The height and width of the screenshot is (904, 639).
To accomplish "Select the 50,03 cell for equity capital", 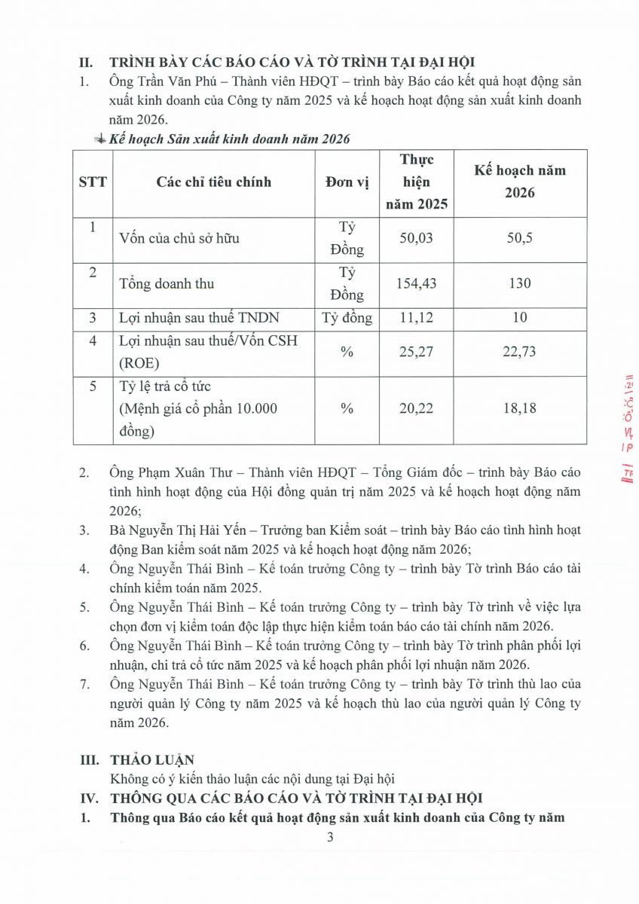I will pyautogui.click(x=417, y=238).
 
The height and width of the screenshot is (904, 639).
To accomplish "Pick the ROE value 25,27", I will pyautogui.click(x=417, y=351).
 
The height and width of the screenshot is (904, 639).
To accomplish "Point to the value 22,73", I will pyautogui.click(x=519, y=351).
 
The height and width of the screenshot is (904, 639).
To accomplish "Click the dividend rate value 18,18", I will pyautogui.click(x=519, y=408).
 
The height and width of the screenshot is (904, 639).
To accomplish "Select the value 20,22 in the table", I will pyautogui.click(x=417, y=408).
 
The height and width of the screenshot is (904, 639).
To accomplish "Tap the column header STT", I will pyautogui.click(x=93, y=182).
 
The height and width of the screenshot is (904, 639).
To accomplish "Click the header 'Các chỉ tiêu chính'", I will pyautogui.click(x=214, y=182).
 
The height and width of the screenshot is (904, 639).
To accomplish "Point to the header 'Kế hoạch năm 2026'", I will pyautogui.click(x=519, y=181).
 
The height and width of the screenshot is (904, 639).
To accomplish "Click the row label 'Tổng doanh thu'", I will pyautogui.click(x=167, y=283).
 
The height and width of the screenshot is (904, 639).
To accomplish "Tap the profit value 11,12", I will pyautogui.click(x=417, y=317).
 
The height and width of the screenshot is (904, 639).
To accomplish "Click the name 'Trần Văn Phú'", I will pyautogui.click(x=169, y=81).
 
